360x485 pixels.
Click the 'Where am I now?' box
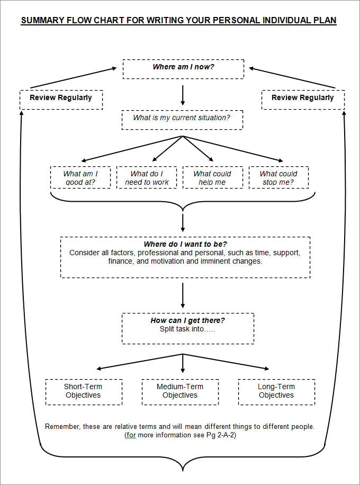183,68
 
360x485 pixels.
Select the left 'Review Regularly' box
61,99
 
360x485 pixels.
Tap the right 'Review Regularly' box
303,99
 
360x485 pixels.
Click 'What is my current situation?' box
182,119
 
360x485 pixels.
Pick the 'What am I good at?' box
80,177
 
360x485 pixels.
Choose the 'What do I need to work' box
147,177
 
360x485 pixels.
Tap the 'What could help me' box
213,177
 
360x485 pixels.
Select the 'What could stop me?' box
278,177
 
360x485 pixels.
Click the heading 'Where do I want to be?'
185,244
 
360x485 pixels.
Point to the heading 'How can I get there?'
187,320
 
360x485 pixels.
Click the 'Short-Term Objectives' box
84,391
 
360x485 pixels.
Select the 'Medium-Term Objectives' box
180,391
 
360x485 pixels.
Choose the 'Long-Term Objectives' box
276,391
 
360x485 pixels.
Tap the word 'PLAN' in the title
323,21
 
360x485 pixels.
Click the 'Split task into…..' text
187,329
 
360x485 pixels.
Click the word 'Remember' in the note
62,426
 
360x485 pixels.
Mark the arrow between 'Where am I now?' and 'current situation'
183,94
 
